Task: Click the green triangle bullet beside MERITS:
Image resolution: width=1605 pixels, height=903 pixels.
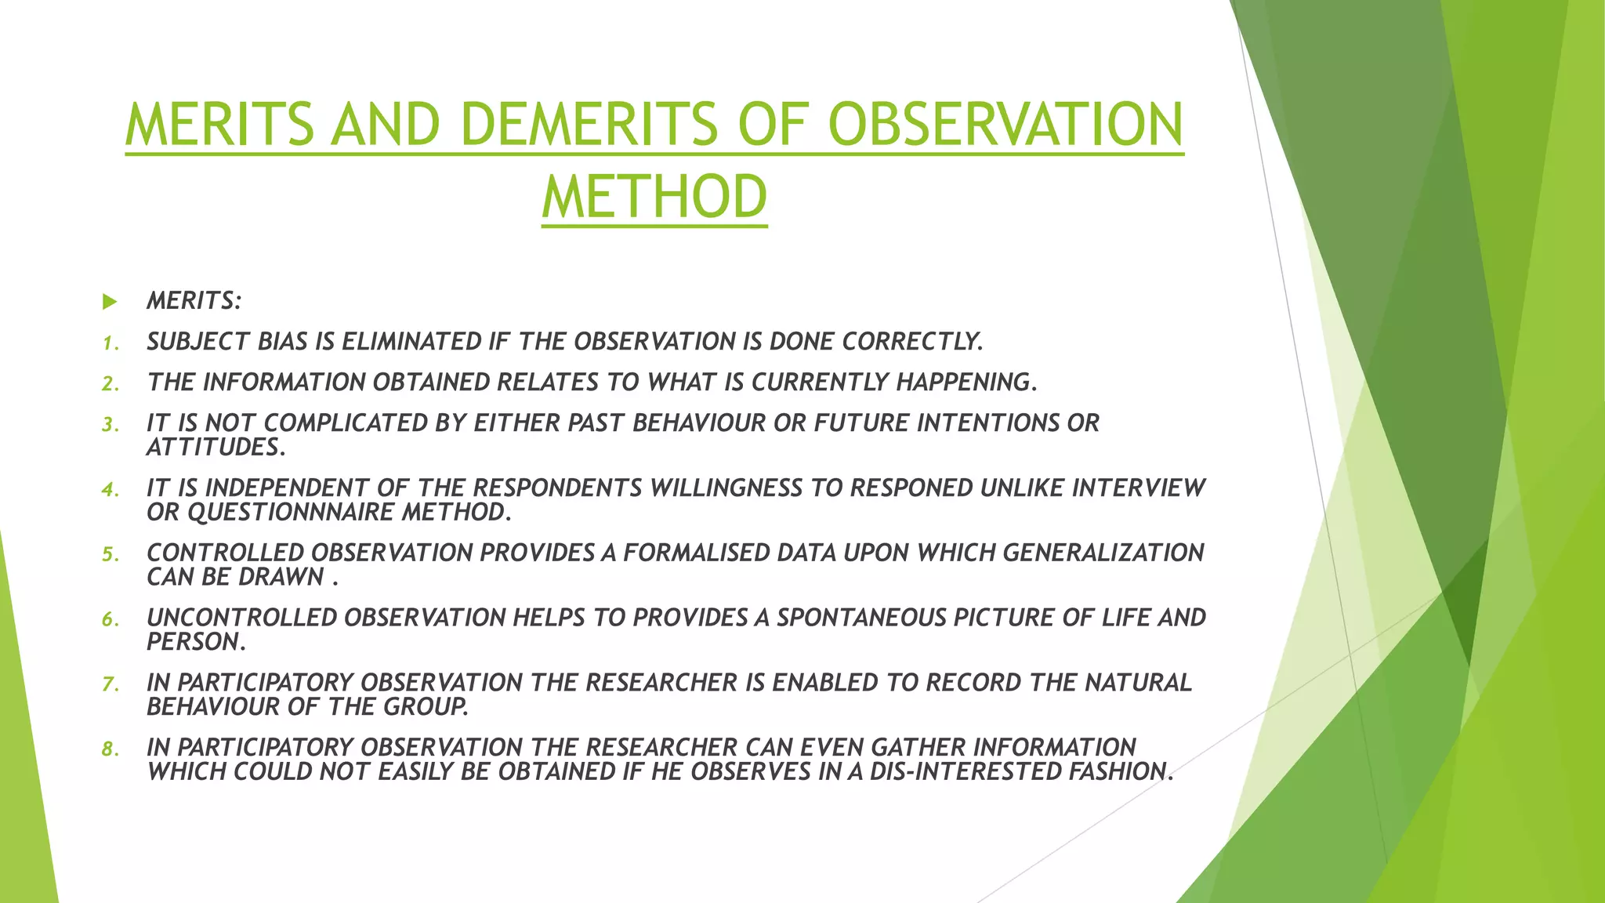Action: click(110, 301)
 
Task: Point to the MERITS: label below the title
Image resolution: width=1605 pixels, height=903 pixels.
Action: click(194, 301)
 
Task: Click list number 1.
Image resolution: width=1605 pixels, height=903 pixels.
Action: click(110, 343)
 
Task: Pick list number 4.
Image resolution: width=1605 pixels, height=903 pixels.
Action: click(110, 490)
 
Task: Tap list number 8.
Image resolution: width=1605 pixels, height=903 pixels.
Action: click(110, 749)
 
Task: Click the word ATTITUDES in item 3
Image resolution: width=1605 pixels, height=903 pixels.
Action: click(213, 448)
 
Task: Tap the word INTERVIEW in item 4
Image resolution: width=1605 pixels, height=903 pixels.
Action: click(1138, 488)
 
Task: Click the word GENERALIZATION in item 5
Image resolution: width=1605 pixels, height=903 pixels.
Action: click(1103, 553)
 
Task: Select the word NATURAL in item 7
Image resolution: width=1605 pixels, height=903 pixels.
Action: click(1138, 683)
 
